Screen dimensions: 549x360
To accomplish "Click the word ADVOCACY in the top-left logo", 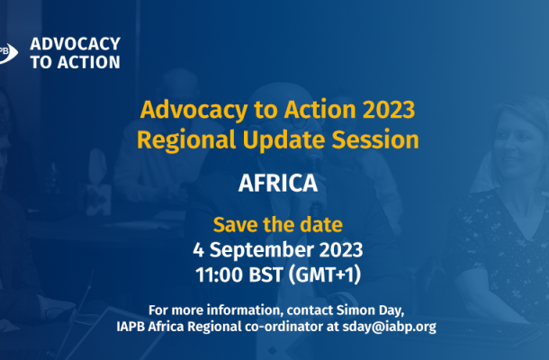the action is click(x=76, y=44).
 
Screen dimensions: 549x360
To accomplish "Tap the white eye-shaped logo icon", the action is click(x=8, y=53).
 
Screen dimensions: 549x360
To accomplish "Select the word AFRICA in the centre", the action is click(x=278, y=184).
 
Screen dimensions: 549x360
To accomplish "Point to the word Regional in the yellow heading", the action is click(x=186, y=140).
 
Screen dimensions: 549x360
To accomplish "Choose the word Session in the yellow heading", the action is click(x=375, y=139).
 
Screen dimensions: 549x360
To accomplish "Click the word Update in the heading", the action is click(x=283, y=140).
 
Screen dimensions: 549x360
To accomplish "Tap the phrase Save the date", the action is click(x=278, y=225).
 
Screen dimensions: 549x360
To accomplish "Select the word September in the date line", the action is click(x=262, y=250).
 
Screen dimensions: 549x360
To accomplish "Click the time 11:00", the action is click(x=220, y=274).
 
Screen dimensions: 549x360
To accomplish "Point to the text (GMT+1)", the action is click(x=325, y=274).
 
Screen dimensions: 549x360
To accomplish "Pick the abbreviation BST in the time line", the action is click(x=265, y=274).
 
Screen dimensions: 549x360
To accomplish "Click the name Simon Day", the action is click(x=370, y=310).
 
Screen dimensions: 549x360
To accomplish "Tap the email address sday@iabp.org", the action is click(x=390, y=327).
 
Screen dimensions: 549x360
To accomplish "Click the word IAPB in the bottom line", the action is click(x=130, y=327).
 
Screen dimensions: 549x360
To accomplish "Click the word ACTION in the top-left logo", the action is click(x=89, y=62).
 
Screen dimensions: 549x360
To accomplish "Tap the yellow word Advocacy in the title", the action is click(x=194, y=111).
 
